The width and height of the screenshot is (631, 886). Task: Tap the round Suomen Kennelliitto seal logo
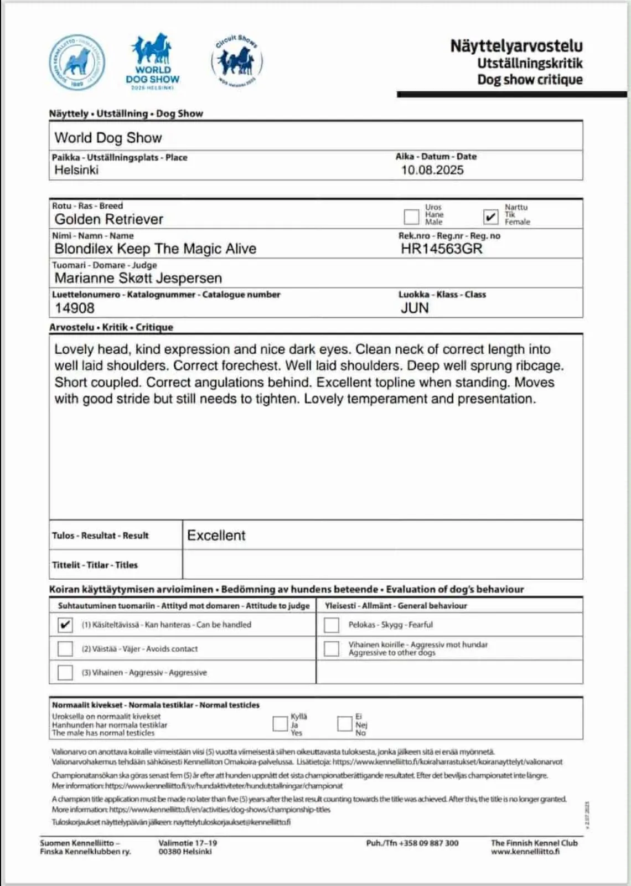pyautogui.click(x=77, y=63)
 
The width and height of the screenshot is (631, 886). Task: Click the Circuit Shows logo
pyautogui.click(x=237, y=61)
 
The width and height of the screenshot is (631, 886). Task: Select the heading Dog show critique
pyautogui.click(x=530, y=80)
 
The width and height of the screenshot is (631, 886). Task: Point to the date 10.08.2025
pyautogui.click(x=432, y=170)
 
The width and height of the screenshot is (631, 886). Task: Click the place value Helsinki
pyautogui.click(x=76, y=170)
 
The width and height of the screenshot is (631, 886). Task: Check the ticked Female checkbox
pyautogui.click(x=490, y=216)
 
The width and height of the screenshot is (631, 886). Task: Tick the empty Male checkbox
pyautogui.click(x=411, y=216)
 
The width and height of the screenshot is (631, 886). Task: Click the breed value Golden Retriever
pyautogui.click(x=109, y=219)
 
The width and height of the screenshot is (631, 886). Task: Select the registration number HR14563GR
pyautogui.click(x=441, y=249)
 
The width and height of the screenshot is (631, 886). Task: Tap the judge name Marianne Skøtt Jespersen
pyautogui.click(x=138, y=278)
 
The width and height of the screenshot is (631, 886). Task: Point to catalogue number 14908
pyautogui.click(x=75, y=308)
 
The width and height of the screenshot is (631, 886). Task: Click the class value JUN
pyautogui.click(x=415, y=308)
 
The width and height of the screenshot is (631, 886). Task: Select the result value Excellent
pyautogui.click(x=216, y=535)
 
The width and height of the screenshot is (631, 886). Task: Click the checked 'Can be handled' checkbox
pyautogui.click(x=65, y=625)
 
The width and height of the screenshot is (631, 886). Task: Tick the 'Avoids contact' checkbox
pyautogui.click(x=65, y=648)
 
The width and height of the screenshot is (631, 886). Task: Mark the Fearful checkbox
pyautogui.click(x=332, y=625)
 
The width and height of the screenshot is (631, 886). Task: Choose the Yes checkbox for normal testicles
pyautogui.click(x=280, y=723)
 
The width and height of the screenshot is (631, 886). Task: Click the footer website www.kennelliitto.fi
pyautogui.click(x=525, y=852)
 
